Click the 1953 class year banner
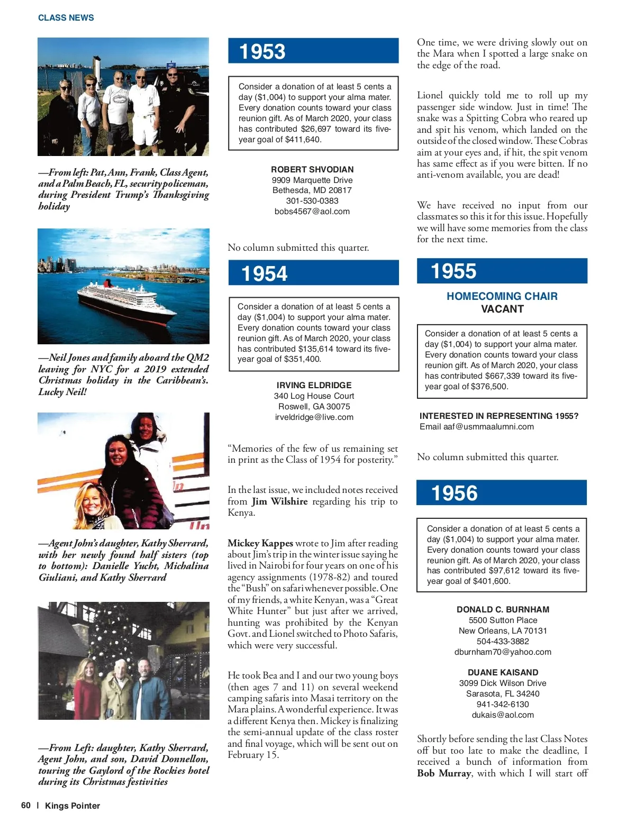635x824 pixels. [x=313, y=51]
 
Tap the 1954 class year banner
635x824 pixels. [x=313, y=273]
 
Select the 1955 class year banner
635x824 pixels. [x=502, y=271]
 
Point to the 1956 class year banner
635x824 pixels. [x=502, y=493]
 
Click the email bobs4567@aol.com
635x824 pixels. [x=312, y=212]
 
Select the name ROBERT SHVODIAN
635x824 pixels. [x=312, y=170]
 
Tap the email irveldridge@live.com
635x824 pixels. [x=314, y=417]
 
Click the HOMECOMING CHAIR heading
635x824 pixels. [x=502, y=296]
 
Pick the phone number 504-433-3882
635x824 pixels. [x=503, y=642]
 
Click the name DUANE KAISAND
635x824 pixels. [x=503, y=673]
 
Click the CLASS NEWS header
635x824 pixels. [x=66, y=18]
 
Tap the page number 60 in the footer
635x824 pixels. [x=26, y=805]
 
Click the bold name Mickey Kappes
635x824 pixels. [x=260, y=543]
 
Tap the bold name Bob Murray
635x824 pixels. [x=444, y=773]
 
